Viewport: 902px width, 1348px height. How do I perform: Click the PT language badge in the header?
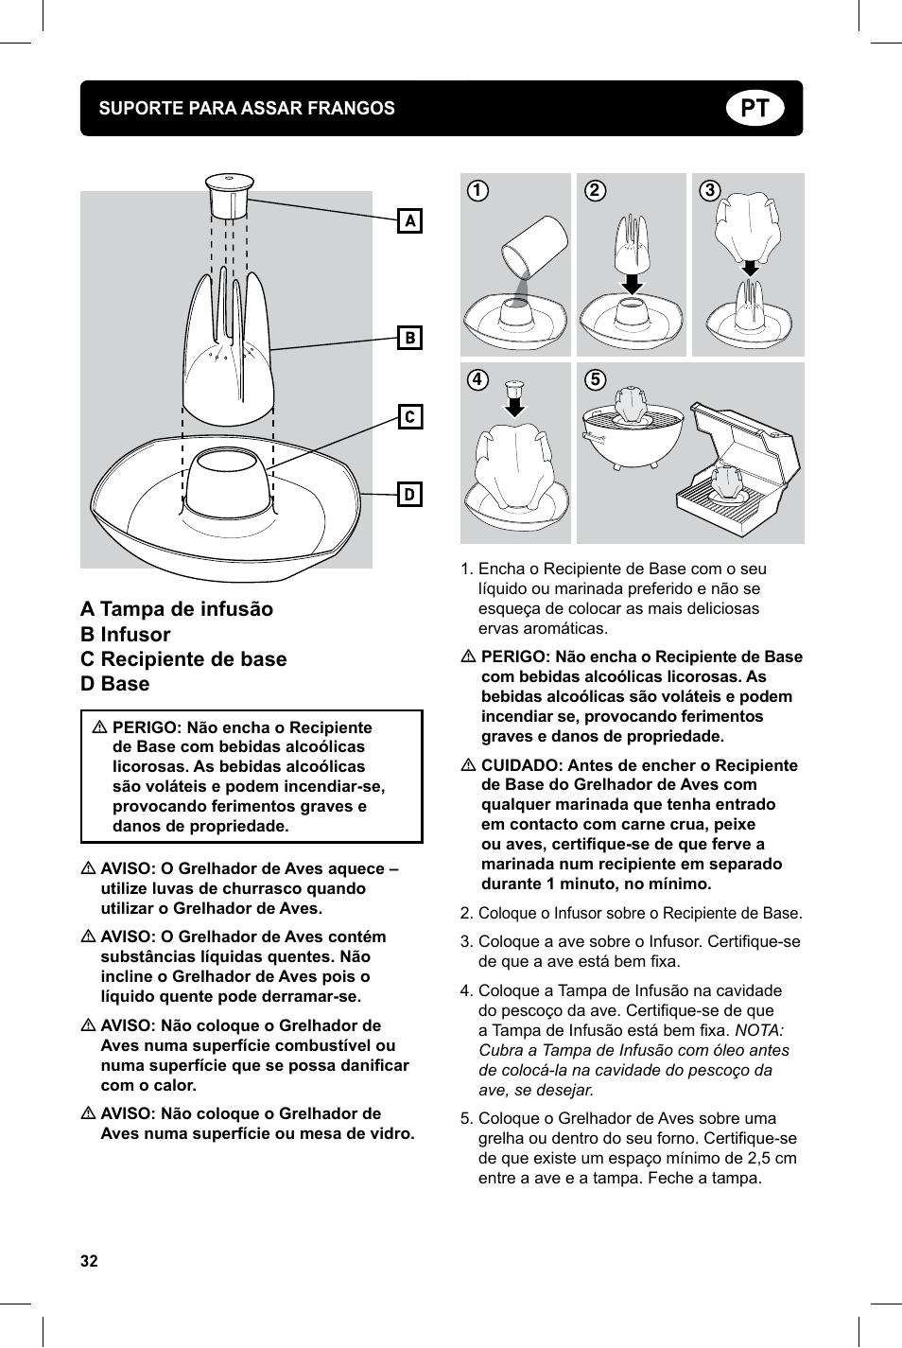click(755, 109)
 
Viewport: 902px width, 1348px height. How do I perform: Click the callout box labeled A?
click(409, 220)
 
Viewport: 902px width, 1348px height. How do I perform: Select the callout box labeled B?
click(409, 338)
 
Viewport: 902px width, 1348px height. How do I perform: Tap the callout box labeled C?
click(409, 416)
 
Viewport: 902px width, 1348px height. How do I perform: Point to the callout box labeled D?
click(409, 494)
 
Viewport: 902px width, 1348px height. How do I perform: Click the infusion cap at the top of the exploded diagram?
click(229, 194)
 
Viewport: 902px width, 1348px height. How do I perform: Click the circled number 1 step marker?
click(478, 190)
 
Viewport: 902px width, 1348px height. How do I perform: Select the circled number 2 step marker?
click(595, 190)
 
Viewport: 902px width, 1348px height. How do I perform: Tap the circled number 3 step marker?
click(710, 190)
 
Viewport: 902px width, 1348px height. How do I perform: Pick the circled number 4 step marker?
click(478, 379)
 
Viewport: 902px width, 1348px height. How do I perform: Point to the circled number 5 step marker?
click(595, 379)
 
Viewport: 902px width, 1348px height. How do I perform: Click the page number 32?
click(89, 1261)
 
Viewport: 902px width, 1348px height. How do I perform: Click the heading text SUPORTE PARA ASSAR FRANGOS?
click(247, 109)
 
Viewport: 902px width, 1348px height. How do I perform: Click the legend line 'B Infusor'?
click(126, 635)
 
